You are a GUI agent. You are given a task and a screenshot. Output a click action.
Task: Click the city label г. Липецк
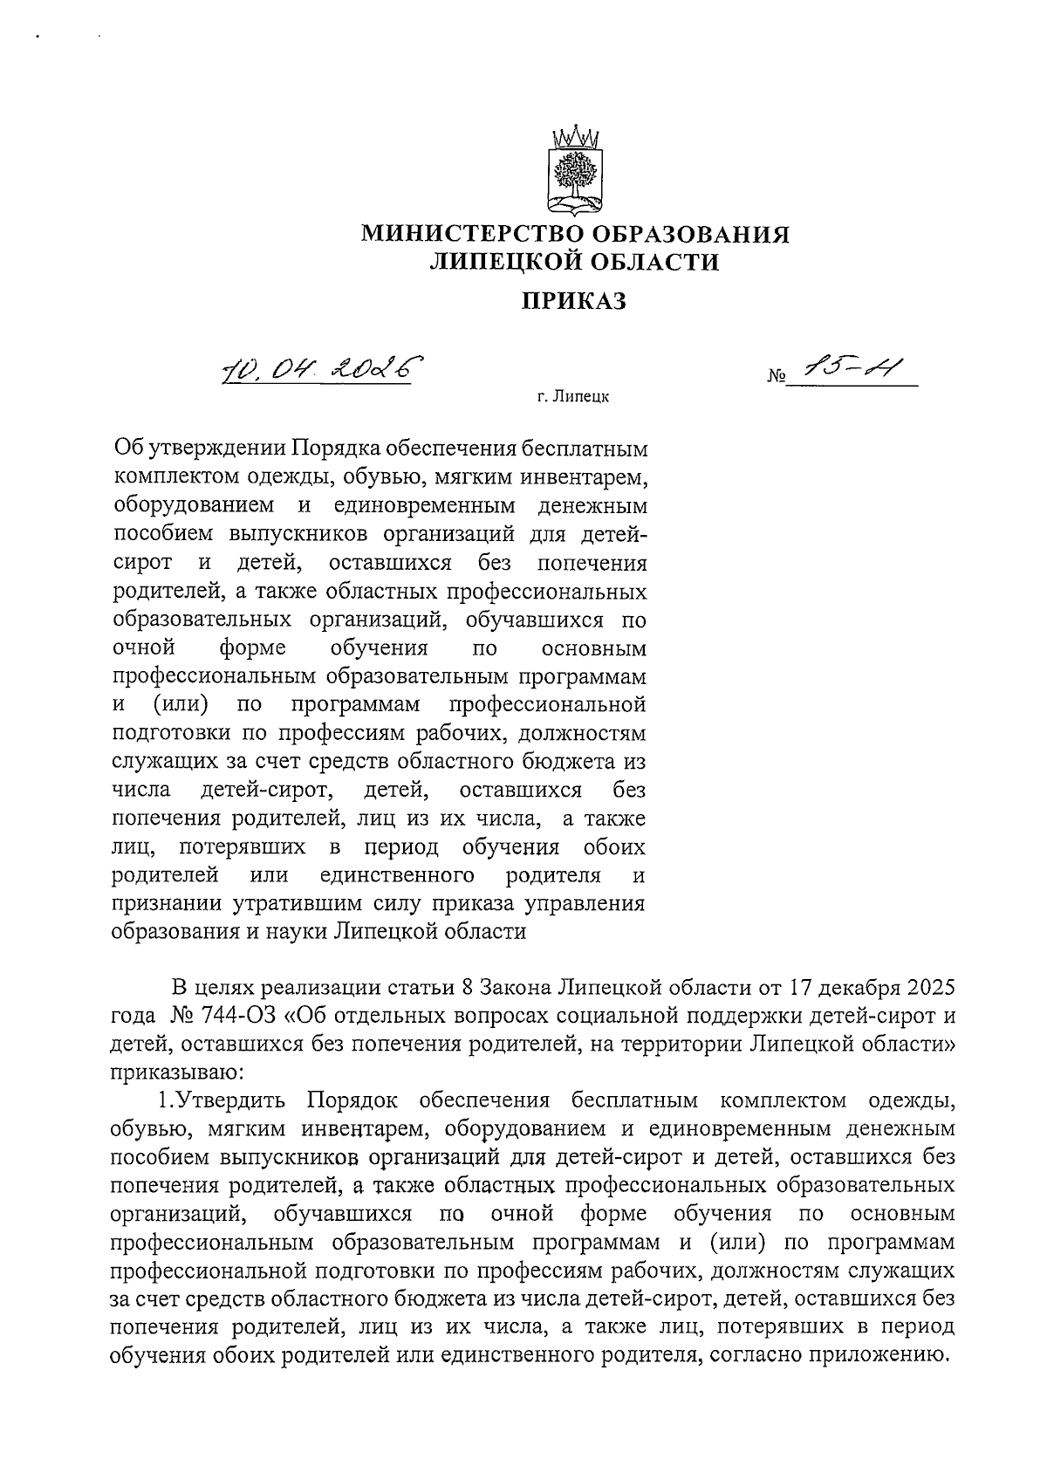(573, 398)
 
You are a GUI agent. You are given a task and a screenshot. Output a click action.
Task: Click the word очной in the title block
(145, 648)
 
